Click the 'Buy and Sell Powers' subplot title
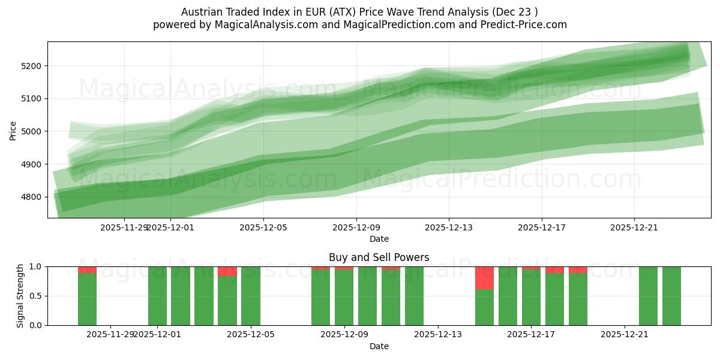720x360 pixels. [x=379, y=257]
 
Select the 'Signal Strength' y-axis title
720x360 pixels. [x=20, y=295]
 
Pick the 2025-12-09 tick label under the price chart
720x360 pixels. [x=356, y=227]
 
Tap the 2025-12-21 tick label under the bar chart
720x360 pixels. [x=625, y=334]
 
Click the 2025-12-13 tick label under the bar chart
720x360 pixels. [x=438, y=334]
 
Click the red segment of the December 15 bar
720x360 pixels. [x=484, y=278]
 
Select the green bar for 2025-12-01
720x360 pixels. [x=157, y=296]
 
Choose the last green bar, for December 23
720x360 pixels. [x=671, y=296]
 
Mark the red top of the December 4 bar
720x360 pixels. [x=227, y=271]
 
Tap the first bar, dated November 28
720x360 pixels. [x=87, y=299]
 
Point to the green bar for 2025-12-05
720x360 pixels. [x=251, y=296]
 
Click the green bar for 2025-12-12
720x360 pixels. [x=414, y=296]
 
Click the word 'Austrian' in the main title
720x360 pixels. [x=201, y=12]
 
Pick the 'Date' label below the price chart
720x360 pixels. [x=379, y=239]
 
